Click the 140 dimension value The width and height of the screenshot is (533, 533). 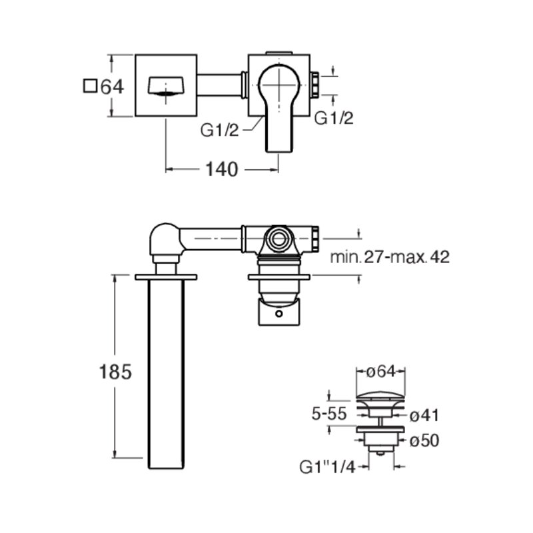tap(222, 169)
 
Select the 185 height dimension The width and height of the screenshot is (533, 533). tap(115, 372)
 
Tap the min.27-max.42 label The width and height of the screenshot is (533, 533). tap(390, 257)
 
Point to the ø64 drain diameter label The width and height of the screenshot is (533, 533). tap(381, 371)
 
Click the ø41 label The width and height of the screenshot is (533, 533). tap(424, 415)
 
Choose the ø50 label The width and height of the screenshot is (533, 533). tap(424, 440)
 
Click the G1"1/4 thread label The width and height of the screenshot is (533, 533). tap(327, 467)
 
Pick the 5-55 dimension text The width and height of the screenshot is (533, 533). tap(329, 414)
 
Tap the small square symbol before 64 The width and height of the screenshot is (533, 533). tap(90, 86)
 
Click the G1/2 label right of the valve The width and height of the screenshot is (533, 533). tap(334, 119)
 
